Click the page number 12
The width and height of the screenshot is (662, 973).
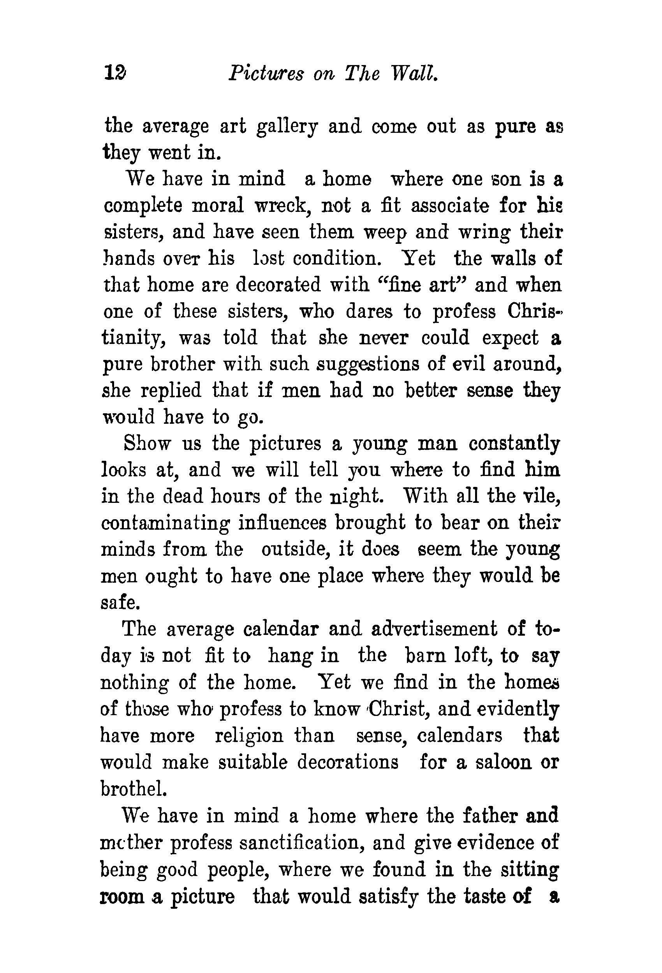(x=115, y=74)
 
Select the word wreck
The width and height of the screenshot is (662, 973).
(x=283, y=206)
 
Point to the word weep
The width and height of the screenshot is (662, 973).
(x=385, y=233)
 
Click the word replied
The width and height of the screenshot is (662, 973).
(x=171, y=391)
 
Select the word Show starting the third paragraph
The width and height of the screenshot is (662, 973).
(x=147, y=444)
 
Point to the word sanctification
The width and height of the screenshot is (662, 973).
(x=301, y=843)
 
